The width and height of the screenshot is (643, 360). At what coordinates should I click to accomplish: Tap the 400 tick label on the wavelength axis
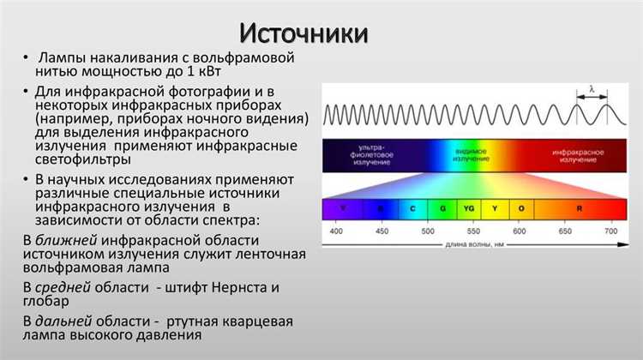[x=336, y=232]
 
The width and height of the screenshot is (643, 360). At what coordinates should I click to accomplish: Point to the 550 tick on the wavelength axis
[x=472, y=232]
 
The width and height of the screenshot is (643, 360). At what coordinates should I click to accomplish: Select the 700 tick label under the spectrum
[x=610, y=232]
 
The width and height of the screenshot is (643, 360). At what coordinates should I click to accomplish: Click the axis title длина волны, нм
[x=472, y=246]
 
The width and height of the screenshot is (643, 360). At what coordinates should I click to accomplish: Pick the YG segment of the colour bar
[x=468, y=207]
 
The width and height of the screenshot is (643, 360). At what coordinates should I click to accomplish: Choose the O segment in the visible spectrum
[x=520, y=207]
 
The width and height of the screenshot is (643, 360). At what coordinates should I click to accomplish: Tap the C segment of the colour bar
[x=413, y=207]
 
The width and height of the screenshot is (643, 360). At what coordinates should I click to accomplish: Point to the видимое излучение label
[x=471, y=154]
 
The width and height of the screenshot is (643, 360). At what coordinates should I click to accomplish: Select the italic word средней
[x=69, y=286]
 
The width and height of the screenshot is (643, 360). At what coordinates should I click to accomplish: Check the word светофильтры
[x=83, y=160]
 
